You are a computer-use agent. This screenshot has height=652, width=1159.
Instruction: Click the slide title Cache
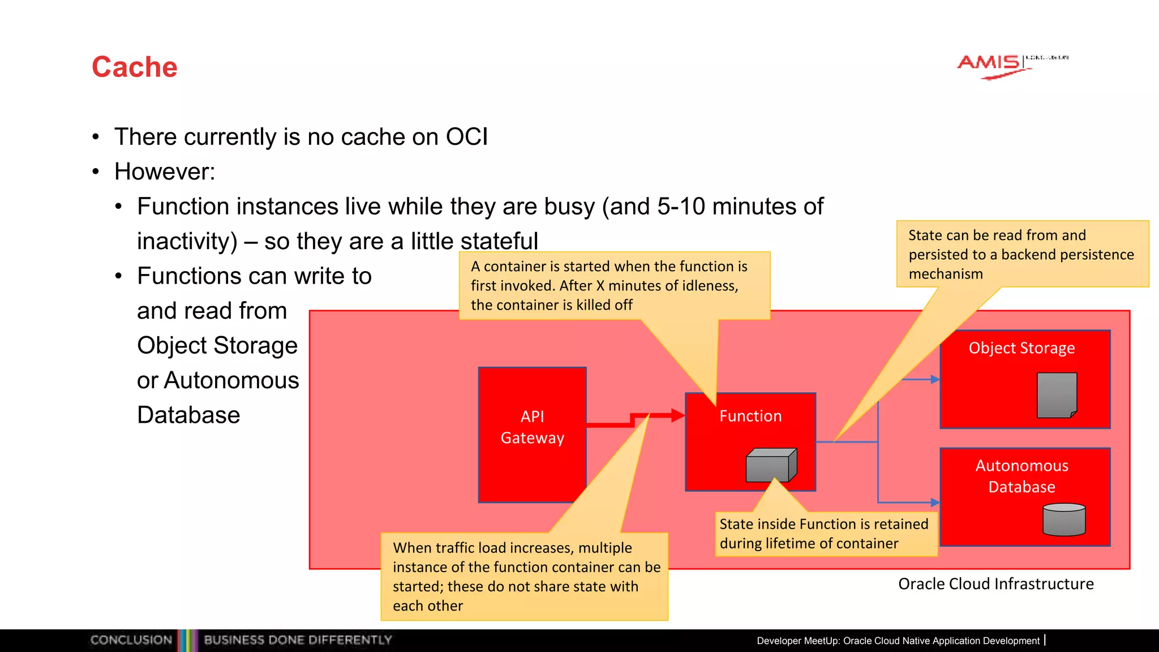point(135,67)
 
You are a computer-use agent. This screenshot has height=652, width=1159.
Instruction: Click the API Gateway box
point(532,434)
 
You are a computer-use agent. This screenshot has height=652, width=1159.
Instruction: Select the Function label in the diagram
point(750,416)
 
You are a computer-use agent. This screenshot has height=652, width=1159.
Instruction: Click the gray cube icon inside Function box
point(771,465)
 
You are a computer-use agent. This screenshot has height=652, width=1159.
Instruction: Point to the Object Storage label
point(1021,348)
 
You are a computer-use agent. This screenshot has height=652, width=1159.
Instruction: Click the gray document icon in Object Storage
point(1057,395)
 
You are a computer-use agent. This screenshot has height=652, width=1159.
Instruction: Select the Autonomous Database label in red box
point(1021,476)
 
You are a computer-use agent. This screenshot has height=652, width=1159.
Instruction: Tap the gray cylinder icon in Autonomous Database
point(1064,520)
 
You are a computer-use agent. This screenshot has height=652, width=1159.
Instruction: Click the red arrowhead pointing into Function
point(678,415)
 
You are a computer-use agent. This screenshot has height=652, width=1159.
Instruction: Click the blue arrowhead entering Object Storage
point(935,379)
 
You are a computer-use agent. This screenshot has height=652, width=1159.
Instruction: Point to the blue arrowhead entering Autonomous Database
point(935,502)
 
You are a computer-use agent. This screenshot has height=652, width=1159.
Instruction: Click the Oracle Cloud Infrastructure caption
point(995,584)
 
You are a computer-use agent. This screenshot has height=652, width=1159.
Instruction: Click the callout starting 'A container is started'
point(614,285)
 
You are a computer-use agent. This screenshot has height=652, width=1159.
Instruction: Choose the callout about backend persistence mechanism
point(1021,254)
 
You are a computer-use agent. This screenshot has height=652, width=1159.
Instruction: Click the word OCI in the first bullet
point(466,137)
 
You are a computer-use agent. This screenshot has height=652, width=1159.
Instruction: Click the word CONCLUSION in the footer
point(131,640)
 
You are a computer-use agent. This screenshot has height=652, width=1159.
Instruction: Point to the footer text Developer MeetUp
point(898,641)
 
